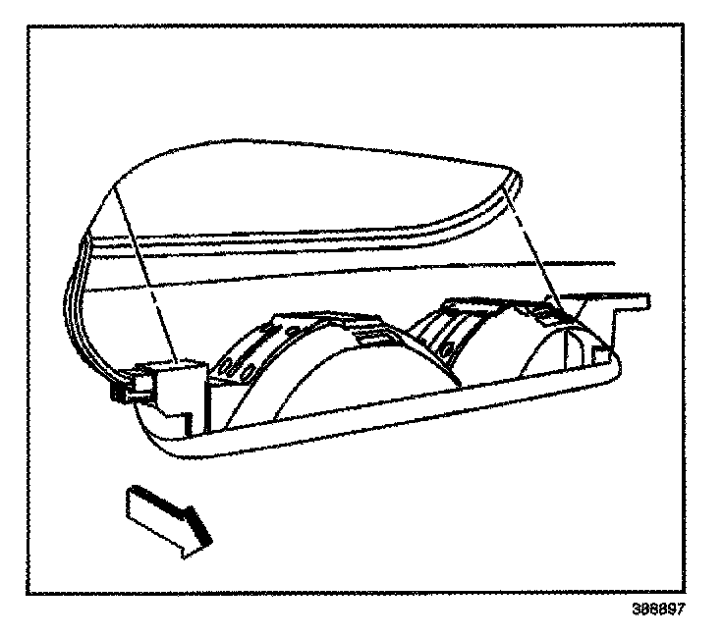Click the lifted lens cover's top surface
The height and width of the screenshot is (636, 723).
coord(295,186)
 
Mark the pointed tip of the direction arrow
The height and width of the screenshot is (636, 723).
coord(209,542)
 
